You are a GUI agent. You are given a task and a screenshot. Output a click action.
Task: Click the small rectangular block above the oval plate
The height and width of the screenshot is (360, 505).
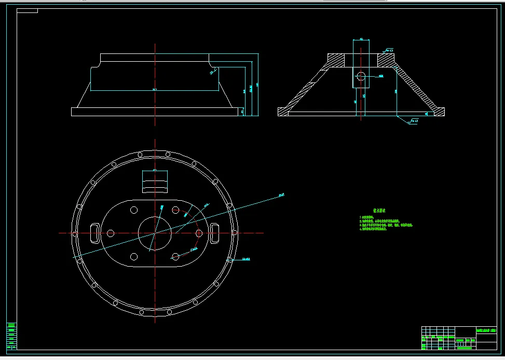(155, 182)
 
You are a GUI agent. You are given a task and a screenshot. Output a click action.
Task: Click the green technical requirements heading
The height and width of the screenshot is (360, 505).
(379, 211)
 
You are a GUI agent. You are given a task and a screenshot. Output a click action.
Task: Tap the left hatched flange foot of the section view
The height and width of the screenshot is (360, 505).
(283, 111)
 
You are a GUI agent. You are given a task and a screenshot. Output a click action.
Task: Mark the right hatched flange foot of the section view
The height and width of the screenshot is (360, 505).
(440, 111)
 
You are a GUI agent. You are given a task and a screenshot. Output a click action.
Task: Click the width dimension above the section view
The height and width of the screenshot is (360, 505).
(361, 39)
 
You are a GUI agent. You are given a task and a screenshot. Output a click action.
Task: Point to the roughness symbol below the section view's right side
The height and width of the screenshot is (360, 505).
(413, 122)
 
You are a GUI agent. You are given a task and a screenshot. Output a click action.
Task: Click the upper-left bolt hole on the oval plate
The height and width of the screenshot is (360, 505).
(134, 210)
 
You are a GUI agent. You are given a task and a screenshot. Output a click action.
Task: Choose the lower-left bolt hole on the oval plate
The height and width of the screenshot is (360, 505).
(134, 257)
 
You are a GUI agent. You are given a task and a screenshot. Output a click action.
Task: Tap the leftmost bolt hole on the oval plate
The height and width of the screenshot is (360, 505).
(110, 233)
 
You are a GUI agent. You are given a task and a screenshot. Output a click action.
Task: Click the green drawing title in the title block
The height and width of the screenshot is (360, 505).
(486, 330)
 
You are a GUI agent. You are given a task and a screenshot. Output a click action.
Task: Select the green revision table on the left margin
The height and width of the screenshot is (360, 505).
(11, 336)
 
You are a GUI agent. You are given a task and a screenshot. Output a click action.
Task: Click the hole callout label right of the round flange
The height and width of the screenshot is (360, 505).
(246, 259)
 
